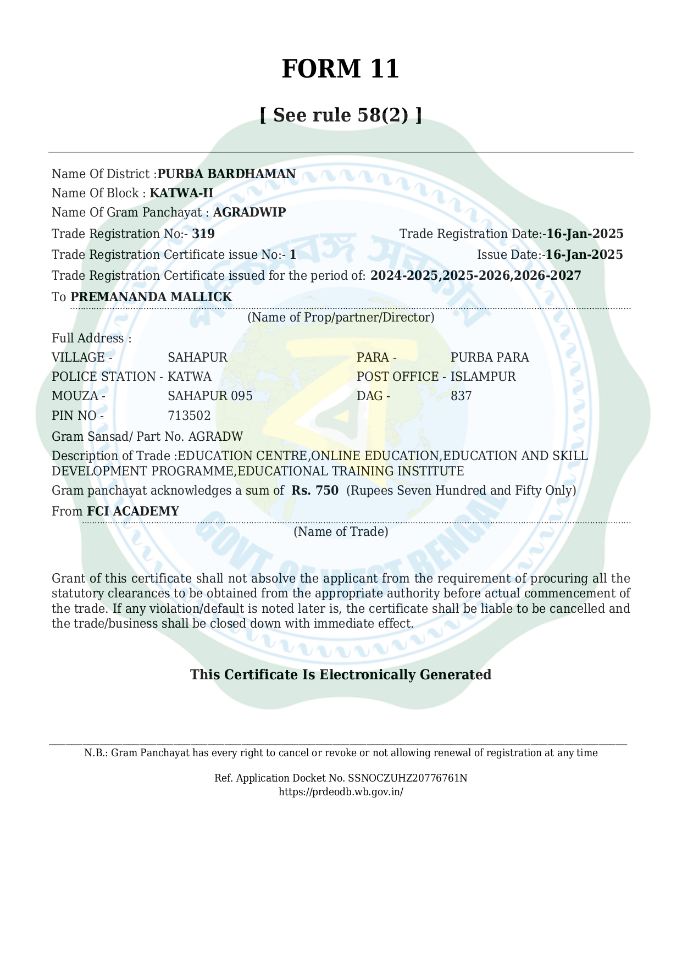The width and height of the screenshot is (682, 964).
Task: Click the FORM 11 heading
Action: click(340, 69)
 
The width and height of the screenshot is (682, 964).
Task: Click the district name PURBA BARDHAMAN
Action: click(226, 174)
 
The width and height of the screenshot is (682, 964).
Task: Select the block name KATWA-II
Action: click(181, 193)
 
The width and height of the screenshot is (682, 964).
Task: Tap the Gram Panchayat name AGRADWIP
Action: click(249, 212)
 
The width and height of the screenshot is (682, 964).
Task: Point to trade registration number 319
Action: click(203, 234)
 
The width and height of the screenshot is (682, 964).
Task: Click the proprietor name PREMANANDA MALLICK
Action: click(151, 297)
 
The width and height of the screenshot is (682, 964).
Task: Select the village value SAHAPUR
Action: click(197, 357)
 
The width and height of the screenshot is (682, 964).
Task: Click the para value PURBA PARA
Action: click(490, 357)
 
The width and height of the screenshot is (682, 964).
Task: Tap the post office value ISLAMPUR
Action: click(483, 376)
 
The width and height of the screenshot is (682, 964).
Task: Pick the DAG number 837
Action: click(461, 396)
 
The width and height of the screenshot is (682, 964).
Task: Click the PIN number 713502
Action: click(189, 415)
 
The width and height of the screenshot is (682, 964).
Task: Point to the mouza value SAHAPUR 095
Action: click(210, 396)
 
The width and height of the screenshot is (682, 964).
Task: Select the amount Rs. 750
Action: click(315, 490)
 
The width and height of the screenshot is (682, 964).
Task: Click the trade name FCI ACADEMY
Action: click(133, 511)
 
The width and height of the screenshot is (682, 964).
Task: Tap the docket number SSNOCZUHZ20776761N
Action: click(407, 778)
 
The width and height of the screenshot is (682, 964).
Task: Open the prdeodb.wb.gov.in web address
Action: click(341, 792)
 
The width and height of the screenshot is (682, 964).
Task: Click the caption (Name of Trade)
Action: click(341, 531)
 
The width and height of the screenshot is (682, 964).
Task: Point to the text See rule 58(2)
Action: click(341, 115)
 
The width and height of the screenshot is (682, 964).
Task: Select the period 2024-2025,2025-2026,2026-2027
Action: click(475, 275)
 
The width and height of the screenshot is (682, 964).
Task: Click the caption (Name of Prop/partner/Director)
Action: click(341, 317)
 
